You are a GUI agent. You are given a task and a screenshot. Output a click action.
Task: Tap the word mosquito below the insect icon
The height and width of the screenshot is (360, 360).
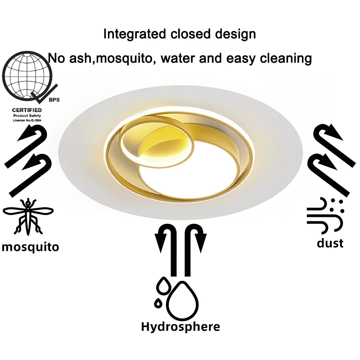30,247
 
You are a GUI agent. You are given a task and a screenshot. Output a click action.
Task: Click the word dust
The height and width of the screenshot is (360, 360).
330,243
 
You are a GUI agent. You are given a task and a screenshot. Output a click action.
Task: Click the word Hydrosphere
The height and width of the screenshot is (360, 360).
180,326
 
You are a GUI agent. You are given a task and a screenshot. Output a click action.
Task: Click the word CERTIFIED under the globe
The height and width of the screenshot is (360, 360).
27,110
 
